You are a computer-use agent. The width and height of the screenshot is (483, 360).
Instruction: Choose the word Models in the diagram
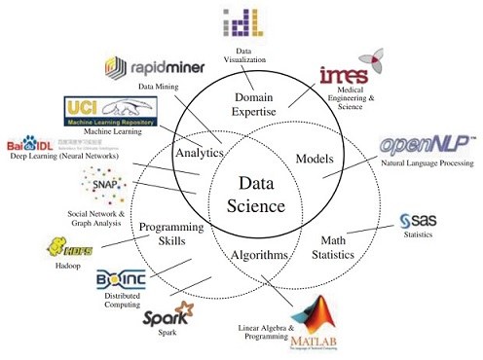(315, 159)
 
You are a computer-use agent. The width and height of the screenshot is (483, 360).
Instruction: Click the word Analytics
(200, 153)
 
